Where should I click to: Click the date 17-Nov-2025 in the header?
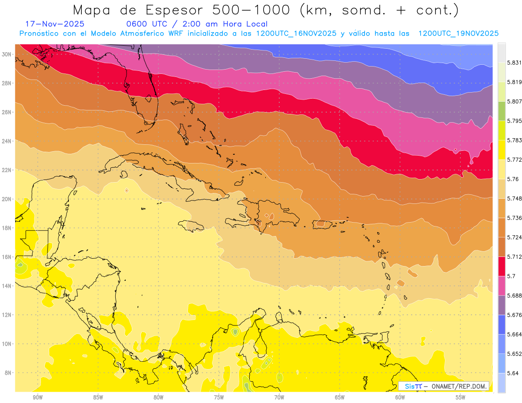point(55,24)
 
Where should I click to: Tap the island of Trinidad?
point(383,337)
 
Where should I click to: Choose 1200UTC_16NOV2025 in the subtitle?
point(296,33)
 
